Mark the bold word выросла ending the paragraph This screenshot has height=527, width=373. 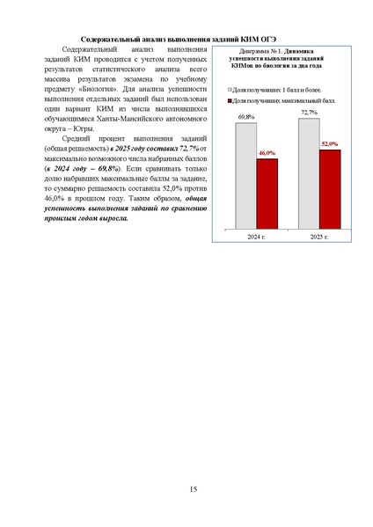coord(117,218)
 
